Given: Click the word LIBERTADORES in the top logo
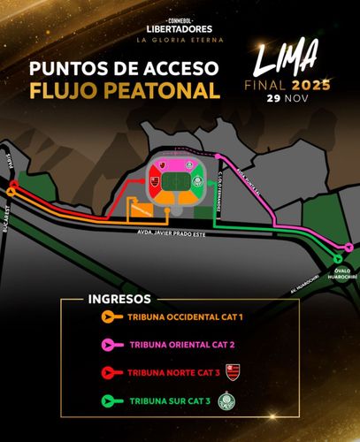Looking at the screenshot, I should pyautogui.click(x=180, y=29).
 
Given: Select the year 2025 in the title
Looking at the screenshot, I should pyautogui.click(x=311, y=86).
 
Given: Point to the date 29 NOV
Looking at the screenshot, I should pyautogui.click(x=288, y=99).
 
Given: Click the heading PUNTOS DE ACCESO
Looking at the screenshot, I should pyautogui.click(x=122, y=70).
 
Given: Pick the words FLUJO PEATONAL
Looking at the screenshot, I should pyautogui.click(x=122, y=91).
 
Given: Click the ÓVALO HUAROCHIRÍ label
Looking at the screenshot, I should pyautogui.click(x=346, y=275).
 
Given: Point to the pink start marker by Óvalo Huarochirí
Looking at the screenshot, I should pyautogui.click(x=349, y=248).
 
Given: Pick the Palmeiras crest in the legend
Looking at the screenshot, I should pyautogui.click(x=239, y=401).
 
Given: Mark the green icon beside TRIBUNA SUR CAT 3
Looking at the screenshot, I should pyautogui.click(x=108, y=402).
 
